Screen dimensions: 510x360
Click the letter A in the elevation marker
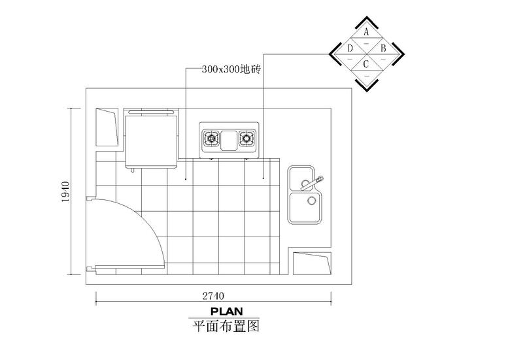tap(366, 32)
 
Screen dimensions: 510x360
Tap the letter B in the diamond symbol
tap(383, 48)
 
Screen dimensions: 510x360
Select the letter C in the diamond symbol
tap(366, 64)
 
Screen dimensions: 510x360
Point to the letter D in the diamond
tap(350, 48)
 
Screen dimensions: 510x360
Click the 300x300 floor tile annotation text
tap(231, 69)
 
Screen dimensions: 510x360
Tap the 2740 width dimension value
tap(213, 296)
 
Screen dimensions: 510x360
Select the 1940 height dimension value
tap(65, 191)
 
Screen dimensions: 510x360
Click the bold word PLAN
tap(227, 311)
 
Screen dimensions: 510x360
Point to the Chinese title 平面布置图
tap(226, 326)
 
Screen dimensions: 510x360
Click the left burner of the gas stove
tap(212, 139)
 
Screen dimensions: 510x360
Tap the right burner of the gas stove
tap(246, 139)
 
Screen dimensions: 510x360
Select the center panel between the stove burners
tap(229, 140)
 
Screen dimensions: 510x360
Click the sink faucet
tap(312, 183)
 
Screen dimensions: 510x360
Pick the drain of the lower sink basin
tap(312, 201)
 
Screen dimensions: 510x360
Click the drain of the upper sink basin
tap(305, 184)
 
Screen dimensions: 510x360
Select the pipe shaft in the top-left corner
tap(107, 127)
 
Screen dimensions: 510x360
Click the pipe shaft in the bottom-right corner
tap(313, 263)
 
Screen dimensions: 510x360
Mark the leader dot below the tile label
tap(186, 178)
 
